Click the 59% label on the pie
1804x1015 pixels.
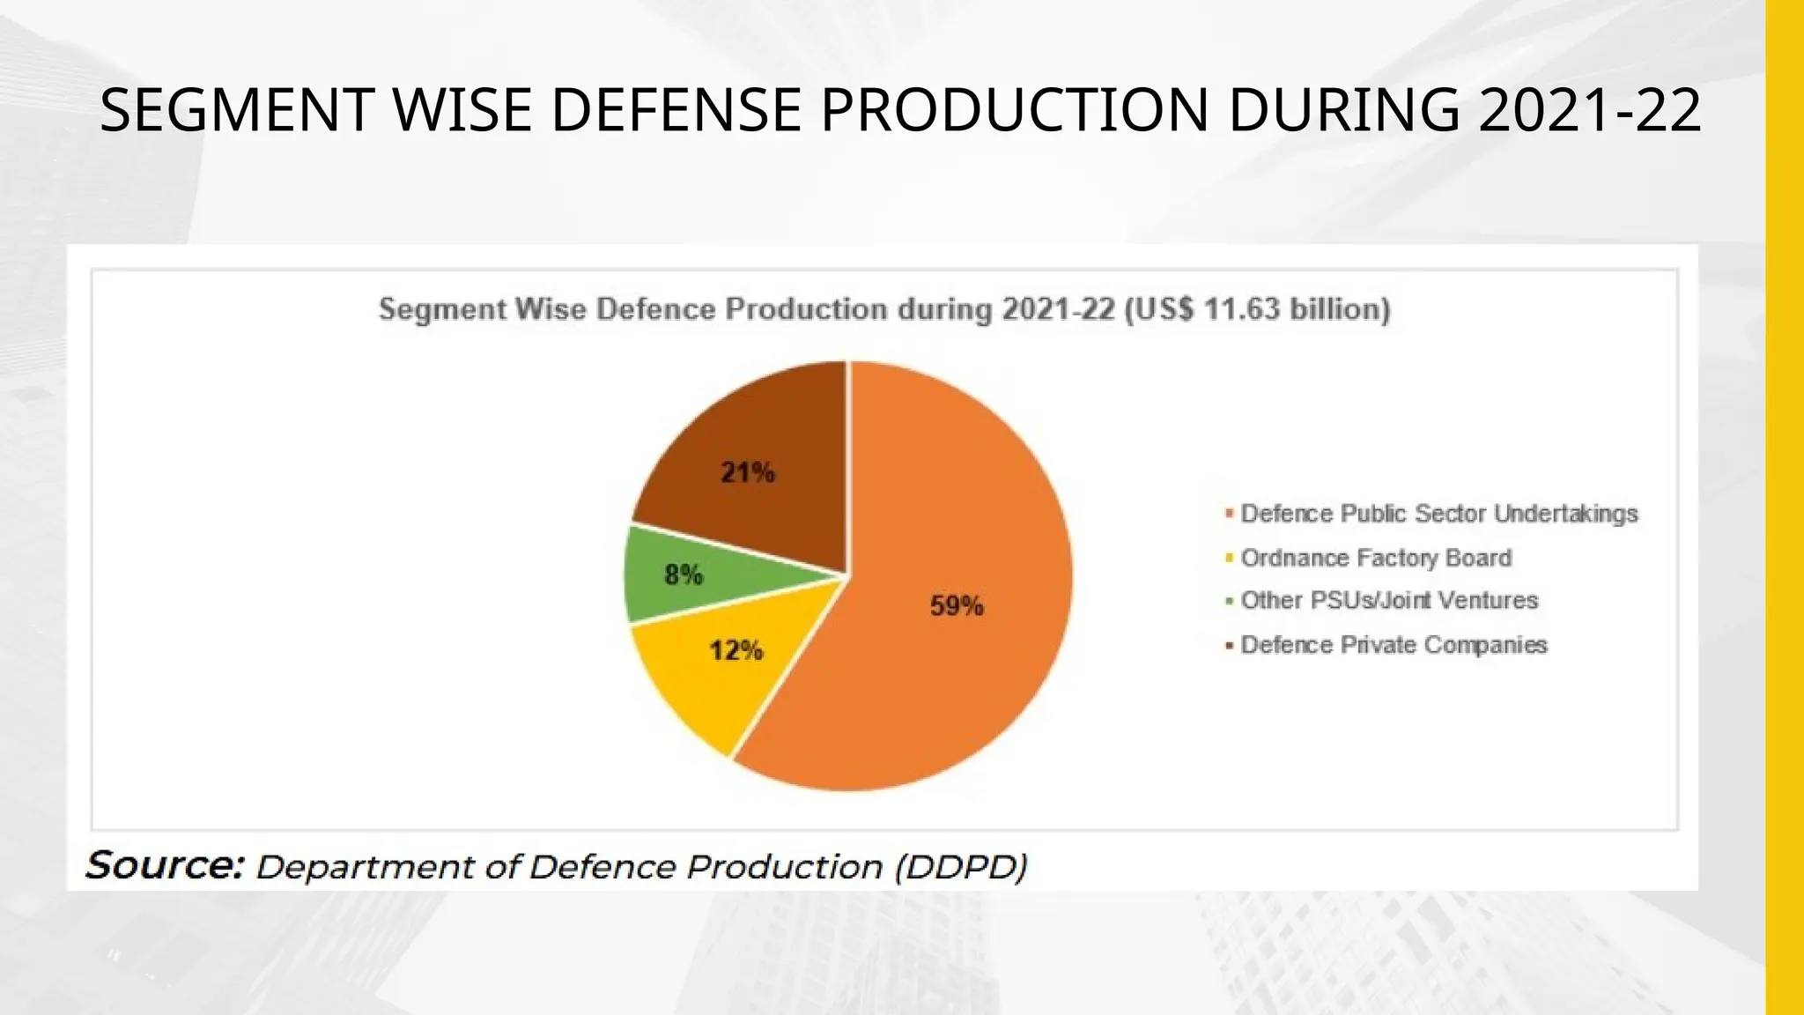click(957, 606)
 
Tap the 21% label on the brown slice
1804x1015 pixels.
click(748, 473)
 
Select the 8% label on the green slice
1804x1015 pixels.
click(684, 575)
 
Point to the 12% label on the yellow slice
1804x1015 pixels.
click(736, 651)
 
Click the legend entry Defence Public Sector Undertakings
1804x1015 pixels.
click(1438, 514)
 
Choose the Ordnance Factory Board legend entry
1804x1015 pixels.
click(1376, 558)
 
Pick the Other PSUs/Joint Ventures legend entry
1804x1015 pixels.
click(1389, 601)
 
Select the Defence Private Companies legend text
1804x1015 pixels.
click(1394, 645)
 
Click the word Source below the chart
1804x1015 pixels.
click(164, 866)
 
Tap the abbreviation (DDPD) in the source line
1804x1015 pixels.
click(961, 867)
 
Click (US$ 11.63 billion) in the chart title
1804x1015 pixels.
click(1257, 309)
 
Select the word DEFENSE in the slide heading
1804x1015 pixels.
click(676, 111)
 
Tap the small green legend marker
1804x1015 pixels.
click(1229, 602)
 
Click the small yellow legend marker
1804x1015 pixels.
click(1229, 558)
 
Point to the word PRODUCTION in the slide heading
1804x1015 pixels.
click(1015, 111)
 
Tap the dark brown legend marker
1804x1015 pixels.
click(1229, 646)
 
